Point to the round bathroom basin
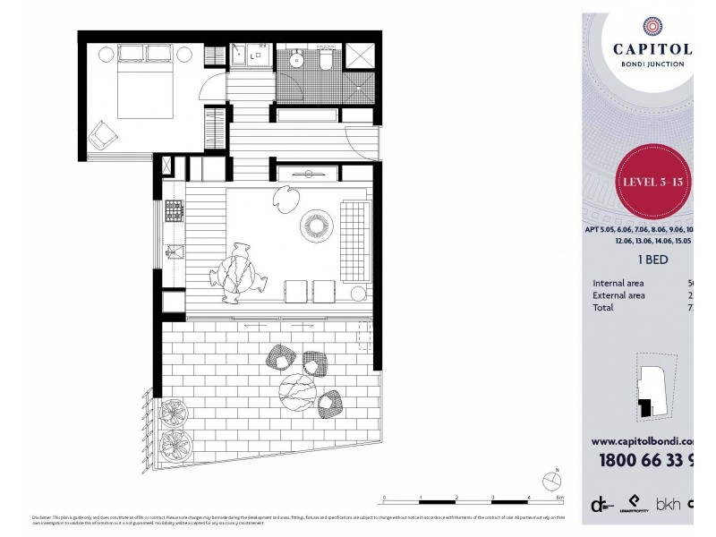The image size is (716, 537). coord(298,60)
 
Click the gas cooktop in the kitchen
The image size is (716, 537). coord(173,212)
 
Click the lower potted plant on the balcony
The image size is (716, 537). coord(173,442)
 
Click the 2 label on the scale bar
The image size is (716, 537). coord(456,496)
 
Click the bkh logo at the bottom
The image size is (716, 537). coord(669,505)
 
